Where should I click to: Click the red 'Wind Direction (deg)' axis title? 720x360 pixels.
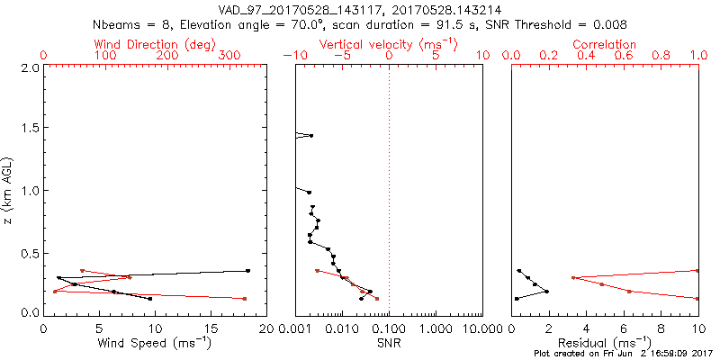pos(154,44)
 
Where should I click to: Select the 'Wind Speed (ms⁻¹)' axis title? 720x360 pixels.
pos(154,343)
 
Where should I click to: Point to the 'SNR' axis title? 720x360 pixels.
pos(389,343)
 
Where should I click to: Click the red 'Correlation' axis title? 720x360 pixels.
pos(605,44)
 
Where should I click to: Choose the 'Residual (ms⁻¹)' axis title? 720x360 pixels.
pos(605,343)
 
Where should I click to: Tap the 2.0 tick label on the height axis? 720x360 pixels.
pos(30,67)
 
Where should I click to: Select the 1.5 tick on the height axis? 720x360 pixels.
pos(30,129)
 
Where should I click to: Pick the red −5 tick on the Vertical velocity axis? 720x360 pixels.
pos(339,56)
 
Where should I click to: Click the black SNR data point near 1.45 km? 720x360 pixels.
pos(311,135)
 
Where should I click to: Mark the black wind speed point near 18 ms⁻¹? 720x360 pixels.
pos(247,270)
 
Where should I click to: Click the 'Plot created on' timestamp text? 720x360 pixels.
pos(623,354)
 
